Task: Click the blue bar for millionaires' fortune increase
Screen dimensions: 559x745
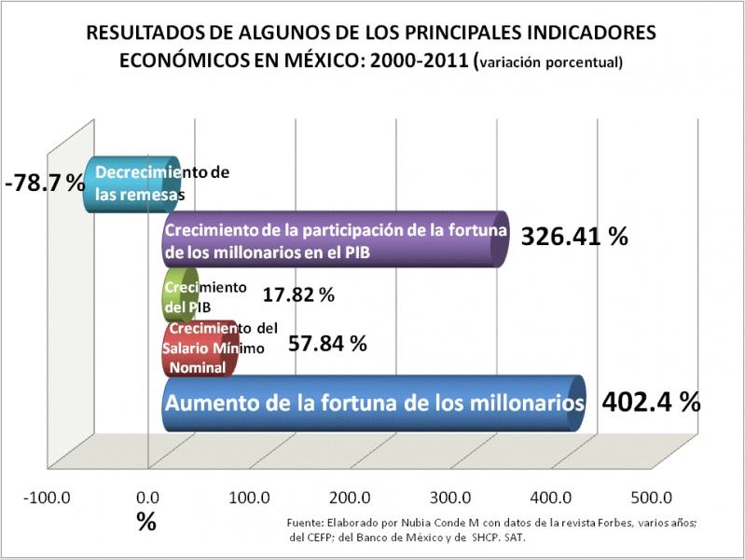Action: (373, 403)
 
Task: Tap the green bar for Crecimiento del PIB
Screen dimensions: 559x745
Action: (180, 295)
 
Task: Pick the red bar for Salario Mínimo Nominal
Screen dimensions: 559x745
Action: (200, 348)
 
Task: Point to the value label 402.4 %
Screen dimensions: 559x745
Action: (651, 402)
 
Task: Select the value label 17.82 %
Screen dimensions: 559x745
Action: (298, 295)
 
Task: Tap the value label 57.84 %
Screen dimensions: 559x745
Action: (327, 343)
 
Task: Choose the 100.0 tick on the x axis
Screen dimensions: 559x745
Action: (249, 497)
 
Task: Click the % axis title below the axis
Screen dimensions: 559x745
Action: (146, 523)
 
